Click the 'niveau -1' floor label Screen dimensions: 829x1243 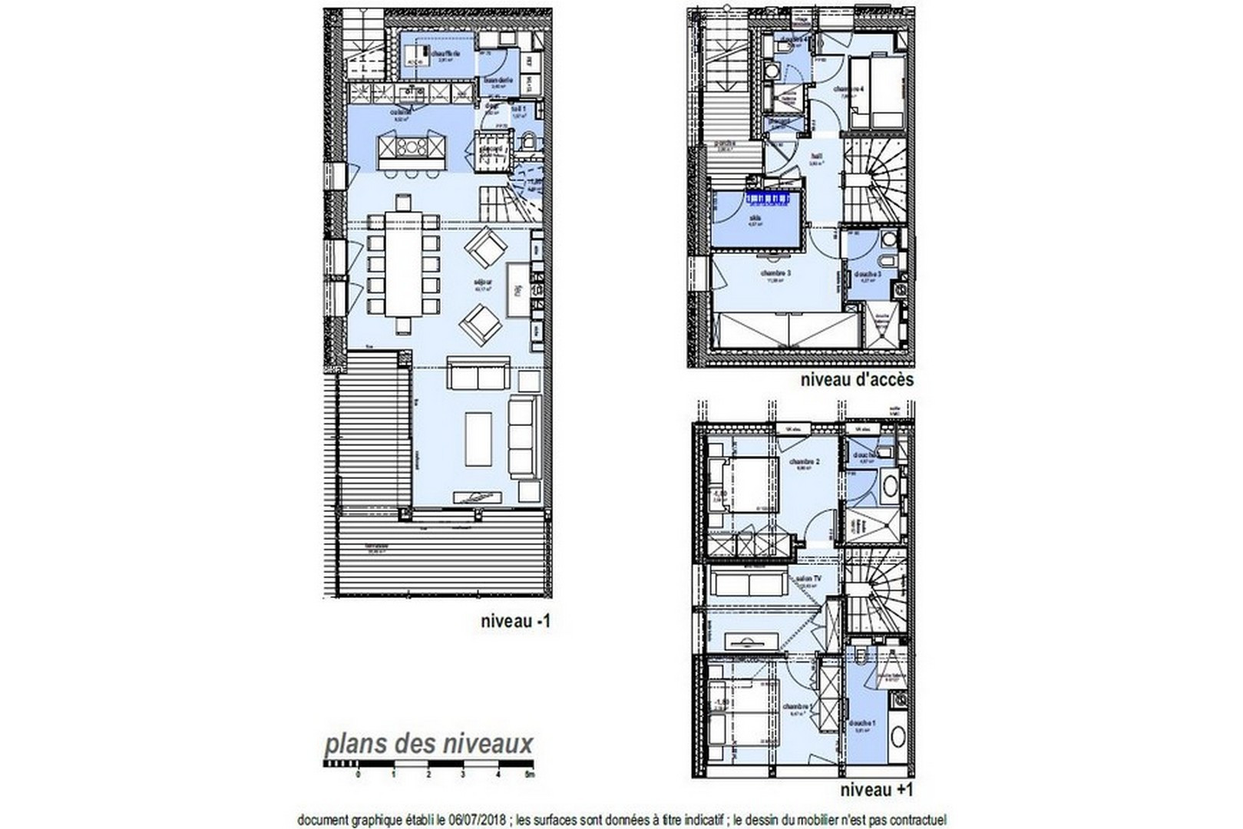[x=515, y=623]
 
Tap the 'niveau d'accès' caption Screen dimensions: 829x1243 [x=857, y=379]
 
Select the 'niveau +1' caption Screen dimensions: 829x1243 [x=876, y=789]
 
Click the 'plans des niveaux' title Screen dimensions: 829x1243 [x=428, y=744]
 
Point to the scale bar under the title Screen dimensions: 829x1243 [x=428, y=765]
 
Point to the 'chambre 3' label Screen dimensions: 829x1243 [x=775, y=273]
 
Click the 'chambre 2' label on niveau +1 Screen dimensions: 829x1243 [x=805, y=461]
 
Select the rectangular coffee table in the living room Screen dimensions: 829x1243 [x=478, y=438]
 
